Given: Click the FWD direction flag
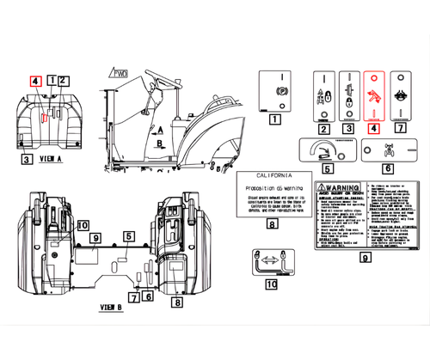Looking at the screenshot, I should pyautogui.click(x=120, y=73).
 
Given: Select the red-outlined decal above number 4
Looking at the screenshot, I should pyautogui.click(x=374, y=97).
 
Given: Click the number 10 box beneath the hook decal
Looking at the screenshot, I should pyautogui.click(x=271, y=284).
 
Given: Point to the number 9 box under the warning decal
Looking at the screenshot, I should pyautogui.click(x=364, y=257).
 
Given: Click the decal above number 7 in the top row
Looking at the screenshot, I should pyautogui.click(x=401, y=97).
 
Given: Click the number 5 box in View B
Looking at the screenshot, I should pyautogui.click(x=127, y=235).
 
